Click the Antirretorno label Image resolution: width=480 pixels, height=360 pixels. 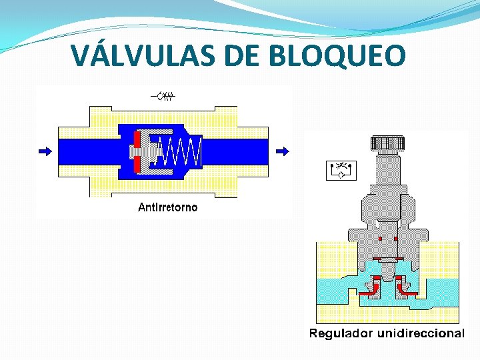(167, 207)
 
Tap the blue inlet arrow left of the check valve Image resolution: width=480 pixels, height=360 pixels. (45, 151)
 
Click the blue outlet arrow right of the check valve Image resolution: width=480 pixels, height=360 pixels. (283, 151)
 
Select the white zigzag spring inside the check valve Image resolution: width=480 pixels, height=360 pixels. (182, 152)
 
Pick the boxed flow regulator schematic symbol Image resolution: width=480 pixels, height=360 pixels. (341, 171)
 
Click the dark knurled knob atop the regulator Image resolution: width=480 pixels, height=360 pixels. (387, 143)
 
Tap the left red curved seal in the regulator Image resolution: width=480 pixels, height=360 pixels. (372, 286)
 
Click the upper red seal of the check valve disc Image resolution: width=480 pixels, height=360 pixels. (137, 139)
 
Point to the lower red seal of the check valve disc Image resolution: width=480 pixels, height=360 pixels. (137, 164)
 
